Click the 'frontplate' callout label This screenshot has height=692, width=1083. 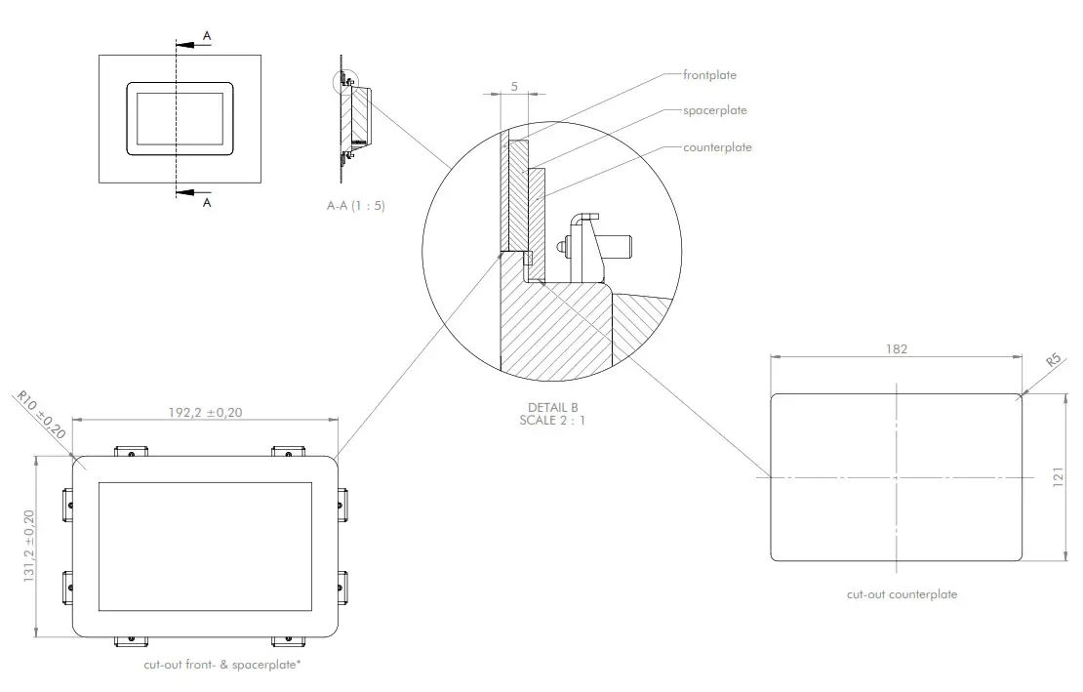709,75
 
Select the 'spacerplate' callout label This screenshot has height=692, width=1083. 715,110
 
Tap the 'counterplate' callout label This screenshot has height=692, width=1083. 717,147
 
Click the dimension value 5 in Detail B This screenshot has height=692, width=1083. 514,87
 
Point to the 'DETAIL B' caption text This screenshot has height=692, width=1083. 553,407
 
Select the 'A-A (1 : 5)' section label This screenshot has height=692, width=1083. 355,206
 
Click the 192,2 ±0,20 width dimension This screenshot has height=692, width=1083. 205,413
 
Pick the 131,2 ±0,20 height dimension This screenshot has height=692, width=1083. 30,546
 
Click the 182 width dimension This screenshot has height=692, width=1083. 897,349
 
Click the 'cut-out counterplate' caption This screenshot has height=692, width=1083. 902,594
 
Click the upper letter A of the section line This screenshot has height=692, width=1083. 206,36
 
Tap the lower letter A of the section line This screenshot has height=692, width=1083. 206,203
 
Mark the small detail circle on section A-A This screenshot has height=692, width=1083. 346,82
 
